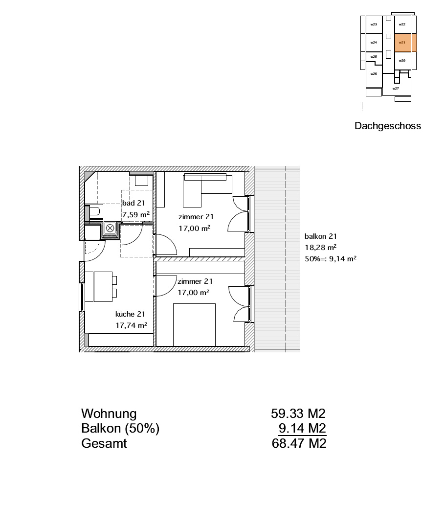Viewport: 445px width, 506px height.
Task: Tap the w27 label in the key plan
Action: click(x=396, y=89)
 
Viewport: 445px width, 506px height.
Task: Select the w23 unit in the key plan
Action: click(x=374, y=24)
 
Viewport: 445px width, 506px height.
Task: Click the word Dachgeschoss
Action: click(x=388, y=126)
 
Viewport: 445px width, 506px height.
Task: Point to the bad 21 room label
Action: click(x=133, y=203)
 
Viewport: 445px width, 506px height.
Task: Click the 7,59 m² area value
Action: click(x=136, y=215)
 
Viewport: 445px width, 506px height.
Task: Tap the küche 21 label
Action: click(x=130, y=314)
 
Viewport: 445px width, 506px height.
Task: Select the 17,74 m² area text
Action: click(x=132, y=325)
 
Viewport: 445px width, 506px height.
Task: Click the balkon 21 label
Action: click(x=320, y=236)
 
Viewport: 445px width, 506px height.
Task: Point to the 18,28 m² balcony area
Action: click(x=320, y=248)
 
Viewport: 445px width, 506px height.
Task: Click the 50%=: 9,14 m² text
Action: click(x=331, y=258)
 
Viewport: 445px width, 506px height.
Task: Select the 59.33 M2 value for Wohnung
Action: click(x=298, y=414)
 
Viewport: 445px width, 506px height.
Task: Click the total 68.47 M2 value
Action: click(x=299, y=443)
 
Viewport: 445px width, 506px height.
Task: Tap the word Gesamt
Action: click(x=104, y=443)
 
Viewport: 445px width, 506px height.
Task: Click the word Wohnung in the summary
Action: click(x=109, y=414)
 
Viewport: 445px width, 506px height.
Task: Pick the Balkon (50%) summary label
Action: click(x=120, y=429)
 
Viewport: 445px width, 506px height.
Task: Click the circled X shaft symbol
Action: click(x=110, y=228)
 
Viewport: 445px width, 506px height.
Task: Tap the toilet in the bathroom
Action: click(x=94, y=212)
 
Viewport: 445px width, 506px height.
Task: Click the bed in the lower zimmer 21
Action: click(x=194, y=324)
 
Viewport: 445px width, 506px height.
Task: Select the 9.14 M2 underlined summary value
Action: click(x=303, y=428)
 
